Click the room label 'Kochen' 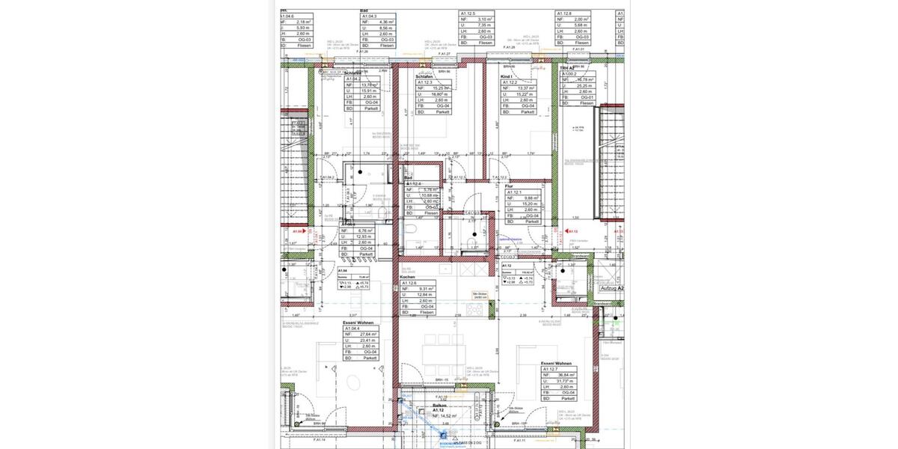coord(409,277)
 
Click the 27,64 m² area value coord(369,335)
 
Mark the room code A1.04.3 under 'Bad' coord(370,16)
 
